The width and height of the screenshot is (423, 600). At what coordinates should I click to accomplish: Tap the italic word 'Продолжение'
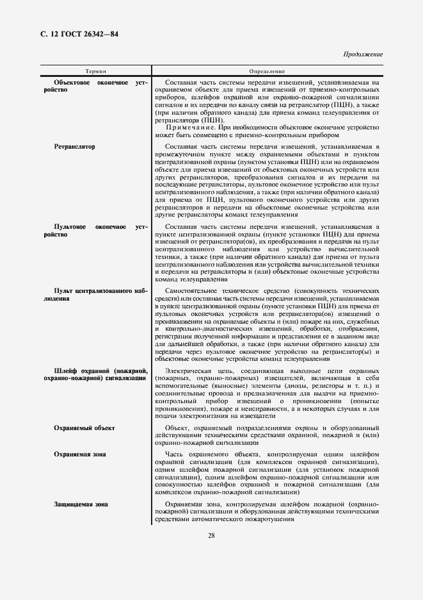pyautogui.click(x=363, y=54)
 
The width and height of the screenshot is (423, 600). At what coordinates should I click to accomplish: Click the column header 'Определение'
pyautogui.click(x=267, y=71)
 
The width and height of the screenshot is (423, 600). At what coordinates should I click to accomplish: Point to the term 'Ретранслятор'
pyautogui.click(x=75, y=147)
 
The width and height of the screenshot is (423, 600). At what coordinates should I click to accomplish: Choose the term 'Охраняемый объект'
pyautogui.click(x=84, y=428)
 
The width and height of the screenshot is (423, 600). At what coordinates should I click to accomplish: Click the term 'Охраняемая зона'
pyautogui.click(x=80, y=454)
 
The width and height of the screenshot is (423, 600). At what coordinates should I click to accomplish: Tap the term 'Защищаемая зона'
pyautogui.click(x=81, y=504)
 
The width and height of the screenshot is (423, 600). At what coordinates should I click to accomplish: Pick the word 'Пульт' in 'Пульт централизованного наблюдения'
pyautogui.click(x=65, y=290)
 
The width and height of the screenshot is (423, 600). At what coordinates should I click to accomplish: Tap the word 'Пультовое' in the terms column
pyautogui.click(x=70, y=227)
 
